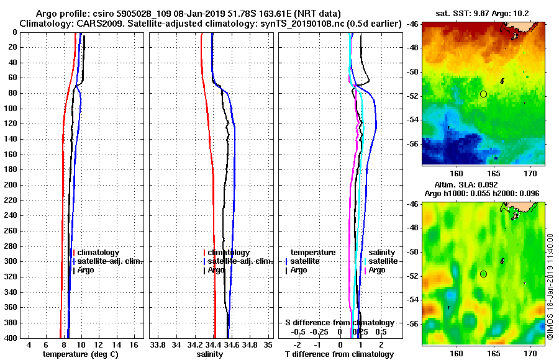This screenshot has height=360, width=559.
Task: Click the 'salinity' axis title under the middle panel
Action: tap(210, 354)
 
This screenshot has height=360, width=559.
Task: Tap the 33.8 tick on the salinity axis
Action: tap(158, 344)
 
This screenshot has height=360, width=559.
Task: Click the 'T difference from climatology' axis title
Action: tap(339, 354)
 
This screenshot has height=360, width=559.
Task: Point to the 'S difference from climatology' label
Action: tap(339, 323)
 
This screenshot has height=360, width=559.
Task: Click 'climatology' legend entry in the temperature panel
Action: tap(98, 253)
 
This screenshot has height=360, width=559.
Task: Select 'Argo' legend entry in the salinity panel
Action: tap(217, 270)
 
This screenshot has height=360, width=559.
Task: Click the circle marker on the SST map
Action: tap(483, 94)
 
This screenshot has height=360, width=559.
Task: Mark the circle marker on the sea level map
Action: tap(483, 274)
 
